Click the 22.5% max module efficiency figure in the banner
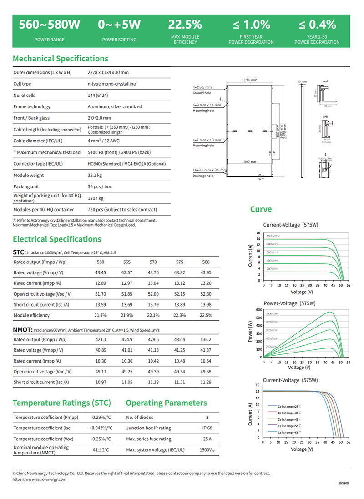pyautogui.click(x=185, y=25)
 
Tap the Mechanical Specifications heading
pyautogui.click(x=61, y=59)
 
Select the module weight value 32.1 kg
pyautogui.click(x=95, y=175)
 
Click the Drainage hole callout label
pyautogui.click(x=202, y=176)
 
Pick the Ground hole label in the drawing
pyautogui.click(x=202, y=93)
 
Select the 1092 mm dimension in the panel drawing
pyautogui.click(x=249, y=161)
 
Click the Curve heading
pyautogui.click(x=261, y=209)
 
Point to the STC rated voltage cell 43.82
pyautogui.click(x=180, y=272)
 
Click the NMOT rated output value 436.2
pyautogui.click(x=206, y=340)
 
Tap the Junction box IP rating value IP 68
pyautogui.click(x=207, y=428)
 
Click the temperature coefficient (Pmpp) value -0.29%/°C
pyautogui.click(x=101, y=417)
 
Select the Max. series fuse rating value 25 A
pyautogui.click(x=207, y=439)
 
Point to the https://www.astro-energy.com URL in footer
pyautogui.click(x=40, y=479)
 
